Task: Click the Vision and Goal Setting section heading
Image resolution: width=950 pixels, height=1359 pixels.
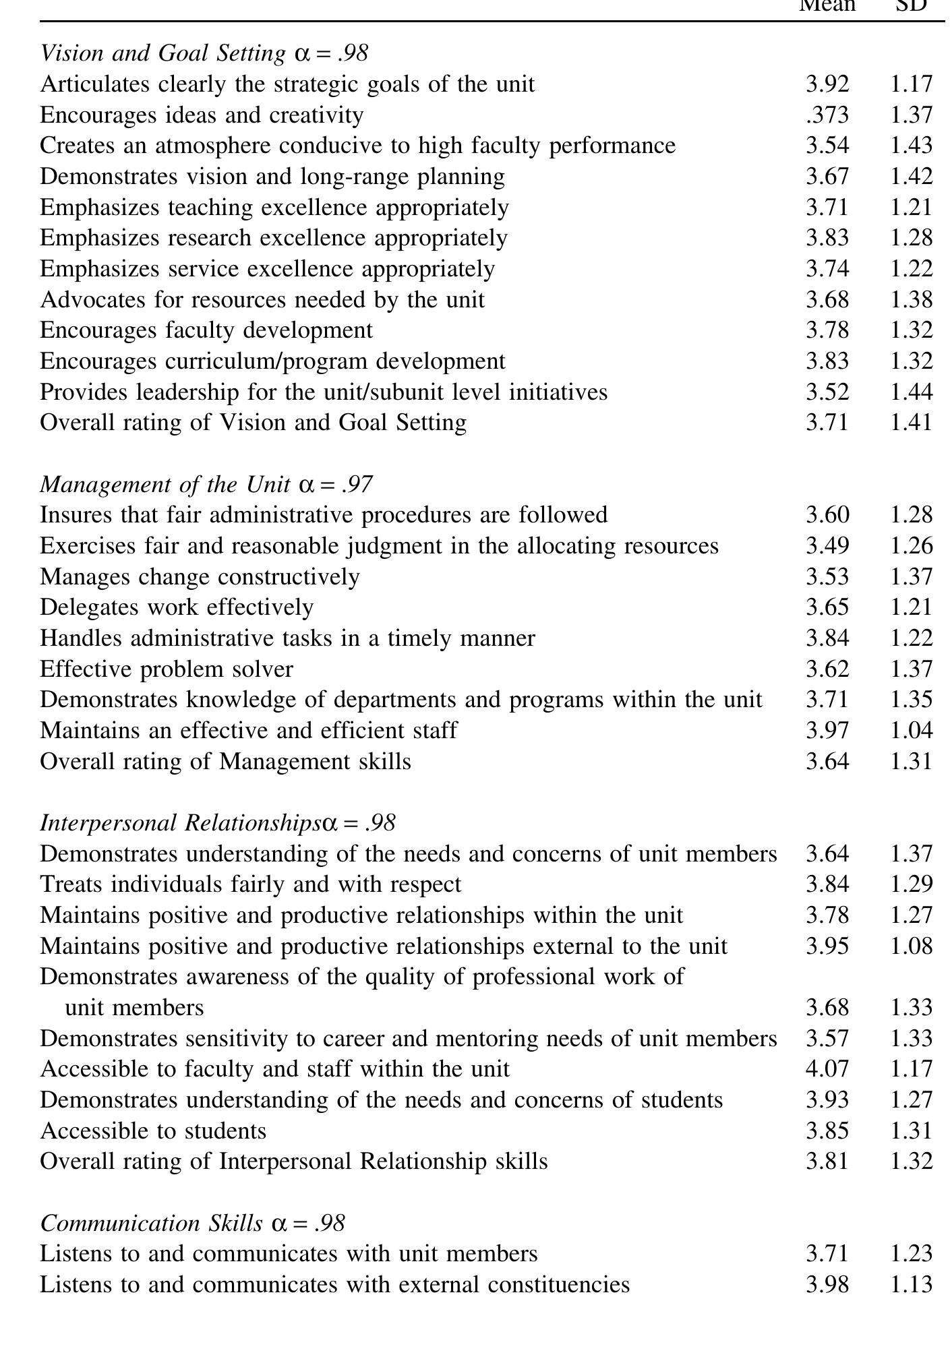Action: click(x=204, y=53)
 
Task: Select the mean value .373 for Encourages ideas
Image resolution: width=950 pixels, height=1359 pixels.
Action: click(x=827, y=115)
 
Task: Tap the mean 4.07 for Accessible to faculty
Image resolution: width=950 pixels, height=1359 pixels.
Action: click(x=827, y=1069)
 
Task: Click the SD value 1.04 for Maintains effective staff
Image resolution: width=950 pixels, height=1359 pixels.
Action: click(x=912, y=731)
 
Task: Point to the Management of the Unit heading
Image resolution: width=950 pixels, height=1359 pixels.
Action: click(x=206, y=485)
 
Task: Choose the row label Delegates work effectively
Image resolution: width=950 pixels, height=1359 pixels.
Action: click(x=177, y=607)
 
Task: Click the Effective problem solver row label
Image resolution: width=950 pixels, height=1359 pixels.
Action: click(x=167, y=669)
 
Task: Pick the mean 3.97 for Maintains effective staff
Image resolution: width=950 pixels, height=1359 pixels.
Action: click(x=827, y=731)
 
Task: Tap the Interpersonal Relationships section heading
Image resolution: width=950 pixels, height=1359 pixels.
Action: click(x=217, y=823)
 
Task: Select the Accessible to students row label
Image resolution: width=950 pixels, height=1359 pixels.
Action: click(x=153, y=1130)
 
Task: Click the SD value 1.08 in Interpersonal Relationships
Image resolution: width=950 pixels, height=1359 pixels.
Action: click(x=912, y=946)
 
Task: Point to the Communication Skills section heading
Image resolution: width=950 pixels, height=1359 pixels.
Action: click(x=192, y=1224)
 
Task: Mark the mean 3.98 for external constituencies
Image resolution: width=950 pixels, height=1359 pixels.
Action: click(x=827, y=1285)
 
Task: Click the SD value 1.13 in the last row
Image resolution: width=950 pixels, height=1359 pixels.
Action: click(x=912, y=1285)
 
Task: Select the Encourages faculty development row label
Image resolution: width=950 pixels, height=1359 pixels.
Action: click(x=206, y=330)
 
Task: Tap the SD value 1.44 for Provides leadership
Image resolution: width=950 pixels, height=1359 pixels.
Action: click(x=912, y=392)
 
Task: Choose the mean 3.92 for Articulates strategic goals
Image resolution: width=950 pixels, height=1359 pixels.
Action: click(x=827, y=84)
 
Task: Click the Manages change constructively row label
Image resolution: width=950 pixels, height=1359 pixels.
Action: click(x=200, y=577)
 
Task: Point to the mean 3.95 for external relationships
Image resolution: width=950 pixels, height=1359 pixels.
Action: click(x=827, y=946)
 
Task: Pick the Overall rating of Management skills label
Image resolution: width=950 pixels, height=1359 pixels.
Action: click(x=225, y=762)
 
